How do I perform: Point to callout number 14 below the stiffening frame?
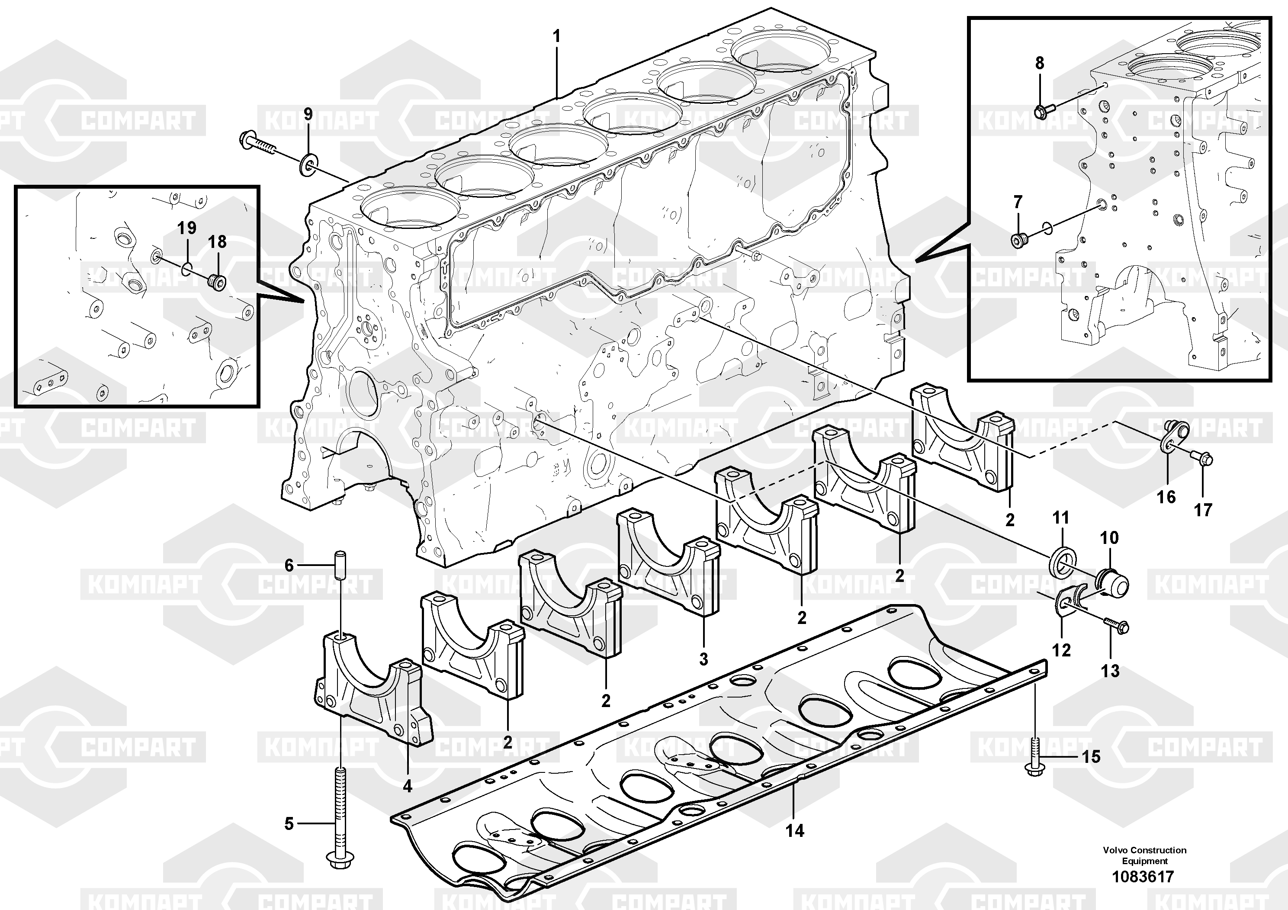pos(794,830)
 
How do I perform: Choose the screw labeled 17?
pos(1201,473)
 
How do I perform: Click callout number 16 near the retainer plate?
pos(1166,496)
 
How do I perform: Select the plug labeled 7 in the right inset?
pos(1019,240)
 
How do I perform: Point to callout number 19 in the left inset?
pos(187,228)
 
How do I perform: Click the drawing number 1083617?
pos(1143,876)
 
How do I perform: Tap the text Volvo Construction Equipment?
pos(1144,855)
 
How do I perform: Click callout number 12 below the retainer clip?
pos(1061,650)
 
